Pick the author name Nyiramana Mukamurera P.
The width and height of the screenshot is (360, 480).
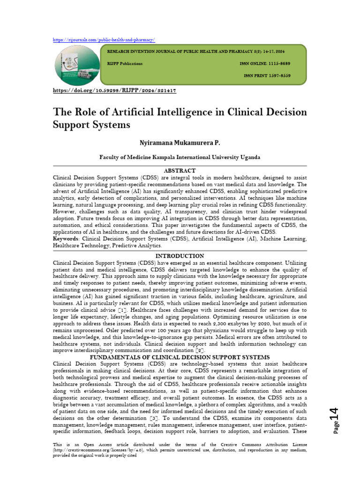point(180,142)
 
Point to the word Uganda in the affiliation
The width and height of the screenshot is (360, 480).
point(248,157)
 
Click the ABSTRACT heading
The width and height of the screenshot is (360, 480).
point(180,171)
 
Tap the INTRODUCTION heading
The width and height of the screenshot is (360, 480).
point(180,256)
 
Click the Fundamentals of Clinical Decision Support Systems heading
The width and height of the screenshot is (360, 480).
point(180,357)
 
